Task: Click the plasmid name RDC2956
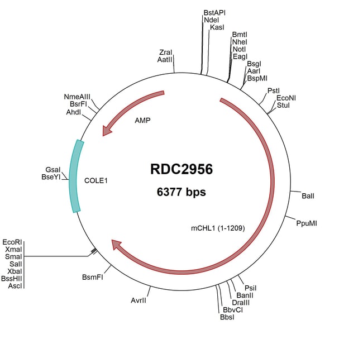[x=181, y=169]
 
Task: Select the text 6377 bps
[x=181, y=192]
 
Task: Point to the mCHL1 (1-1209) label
[x=218, y=228]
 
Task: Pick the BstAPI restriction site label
[x=215, y=12]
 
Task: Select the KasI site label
[x=217, y=27]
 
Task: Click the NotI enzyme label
[x=239, y=49]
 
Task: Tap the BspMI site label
[x=257, y=79]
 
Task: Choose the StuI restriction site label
[x=283, y=105]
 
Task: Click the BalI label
[x=308, y=196]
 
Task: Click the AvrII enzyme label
[x=138, y=300]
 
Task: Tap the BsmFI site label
[x=93, y=276]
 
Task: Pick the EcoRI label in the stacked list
[x=12, y=242]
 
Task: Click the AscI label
[x=15, y=286]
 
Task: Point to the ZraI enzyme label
[x=165, y=52]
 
